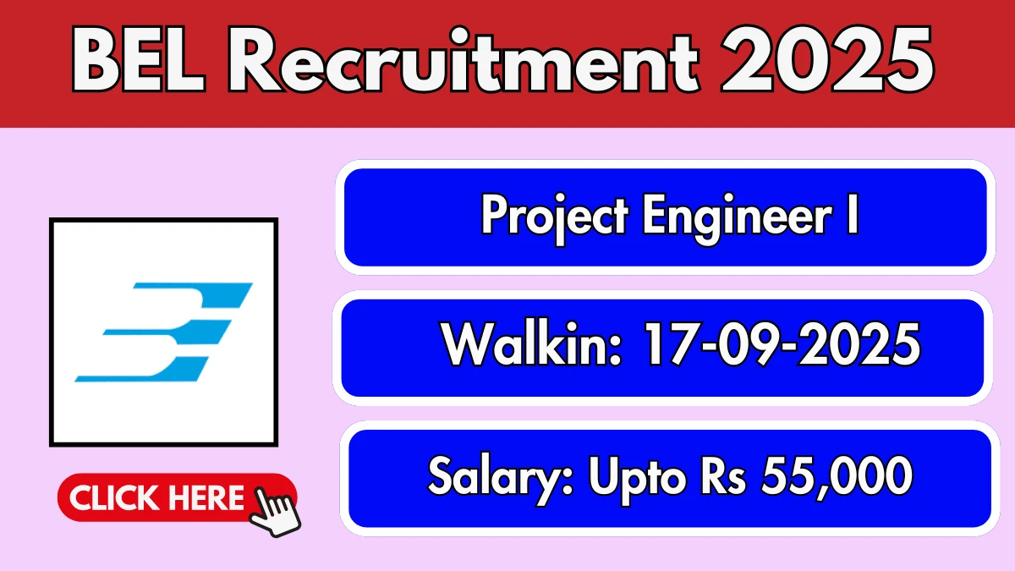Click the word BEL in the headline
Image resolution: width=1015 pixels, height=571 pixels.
(138, 60)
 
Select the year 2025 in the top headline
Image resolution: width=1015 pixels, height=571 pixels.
(827, 59)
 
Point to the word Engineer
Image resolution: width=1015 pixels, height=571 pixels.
(738, 218)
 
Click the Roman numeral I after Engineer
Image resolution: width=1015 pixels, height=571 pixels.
(853, 213)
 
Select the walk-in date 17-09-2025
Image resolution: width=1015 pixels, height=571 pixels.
(782, 343)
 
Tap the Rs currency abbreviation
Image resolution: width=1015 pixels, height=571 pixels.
(723, 475)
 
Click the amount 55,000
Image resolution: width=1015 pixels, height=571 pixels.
(837, 477)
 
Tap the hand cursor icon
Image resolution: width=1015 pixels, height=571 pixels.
(275, 512)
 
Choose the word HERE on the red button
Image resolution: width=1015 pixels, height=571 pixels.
(206, 498)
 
